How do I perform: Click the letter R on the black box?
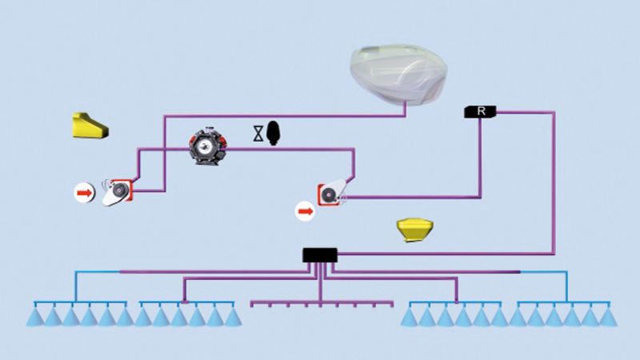coord(481,111)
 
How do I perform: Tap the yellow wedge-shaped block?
coord(88,126)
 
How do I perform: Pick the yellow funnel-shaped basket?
coord(414,230)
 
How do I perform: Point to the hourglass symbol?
coord(258,134)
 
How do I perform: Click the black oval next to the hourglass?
coord(274,133)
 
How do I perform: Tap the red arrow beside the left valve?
coord(84,192)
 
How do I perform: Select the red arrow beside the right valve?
coord(306,211)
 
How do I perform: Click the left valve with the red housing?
coord(120,190)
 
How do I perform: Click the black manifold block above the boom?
coord(320,255)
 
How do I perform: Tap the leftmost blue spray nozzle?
coord(34,317)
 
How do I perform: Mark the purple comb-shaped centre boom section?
coord(321,303)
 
